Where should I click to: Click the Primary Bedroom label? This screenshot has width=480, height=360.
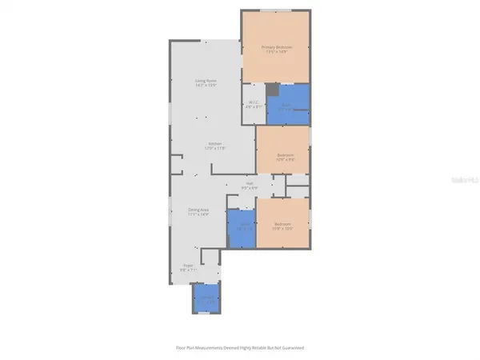click(x=278, y=47)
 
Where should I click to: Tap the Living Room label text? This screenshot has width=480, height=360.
click(x=207, y=81)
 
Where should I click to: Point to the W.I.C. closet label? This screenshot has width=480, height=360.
click(x=252, y=102)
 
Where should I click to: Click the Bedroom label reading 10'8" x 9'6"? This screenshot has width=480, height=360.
click(x=286, y=154)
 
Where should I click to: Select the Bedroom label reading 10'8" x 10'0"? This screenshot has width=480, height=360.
click(x=283, y=223)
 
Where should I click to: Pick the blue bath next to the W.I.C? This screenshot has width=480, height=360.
click(x=288, y=105)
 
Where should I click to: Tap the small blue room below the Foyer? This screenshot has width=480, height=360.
click(x=206, y=300)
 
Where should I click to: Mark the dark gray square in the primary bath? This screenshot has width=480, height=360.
click(x=272, y=90)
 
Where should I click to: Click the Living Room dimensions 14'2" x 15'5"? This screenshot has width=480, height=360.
click(x=207, y=86)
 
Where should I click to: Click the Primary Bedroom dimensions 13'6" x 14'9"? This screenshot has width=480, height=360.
click(x=278, y=52)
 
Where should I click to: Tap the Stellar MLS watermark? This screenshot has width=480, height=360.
click(x=462, y=181)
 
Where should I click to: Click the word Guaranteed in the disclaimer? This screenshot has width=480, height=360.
click(x=293, y=347)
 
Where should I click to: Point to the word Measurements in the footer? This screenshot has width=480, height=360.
click(x=210, y=347)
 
